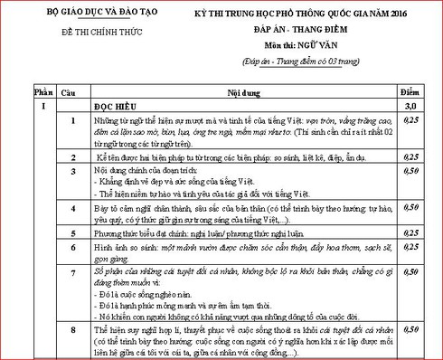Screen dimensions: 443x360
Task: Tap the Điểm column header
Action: click(x=413, y=92)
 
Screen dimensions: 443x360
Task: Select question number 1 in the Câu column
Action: click(x=72, y=119)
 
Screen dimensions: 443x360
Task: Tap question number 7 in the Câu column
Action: click(x=72, y=270)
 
